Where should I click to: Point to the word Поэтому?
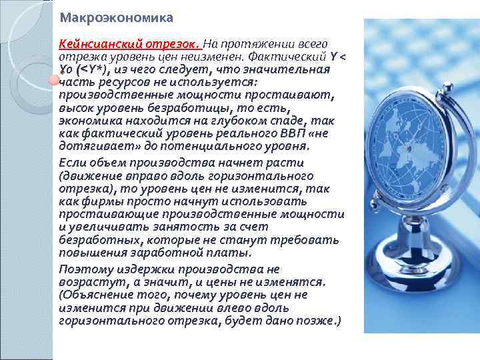[82, 269]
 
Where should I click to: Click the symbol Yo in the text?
[65, 69]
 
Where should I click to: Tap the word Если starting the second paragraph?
[70, 163]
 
